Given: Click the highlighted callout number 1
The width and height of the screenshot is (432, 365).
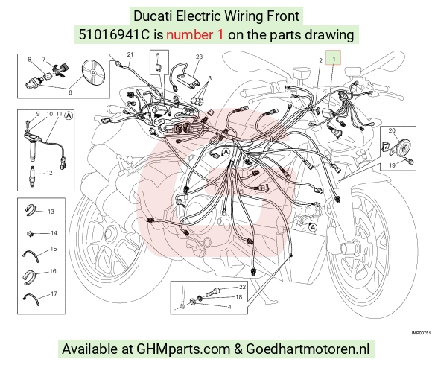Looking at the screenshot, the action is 334,59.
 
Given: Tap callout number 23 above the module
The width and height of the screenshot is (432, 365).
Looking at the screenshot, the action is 199,57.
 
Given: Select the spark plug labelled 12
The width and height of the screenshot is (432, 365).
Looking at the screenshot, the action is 33,177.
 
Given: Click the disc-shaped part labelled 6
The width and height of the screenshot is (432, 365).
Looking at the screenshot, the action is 94,72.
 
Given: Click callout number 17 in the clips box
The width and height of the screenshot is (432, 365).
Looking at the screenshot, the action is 54,293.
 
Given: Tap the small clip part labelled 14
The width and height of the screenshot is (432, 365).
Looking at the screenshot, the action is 30,234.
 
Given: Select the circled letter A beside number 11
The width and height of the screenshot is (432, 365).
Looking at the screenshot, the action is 69,115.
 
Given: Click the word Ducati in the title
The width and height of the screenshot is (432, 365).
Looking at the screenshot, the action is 153,16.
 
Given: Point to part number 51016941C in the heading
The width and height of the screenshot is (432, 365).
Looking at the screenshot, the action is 114,35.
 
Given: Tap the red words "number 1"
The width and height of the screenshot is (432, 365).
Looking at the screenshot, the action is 194,35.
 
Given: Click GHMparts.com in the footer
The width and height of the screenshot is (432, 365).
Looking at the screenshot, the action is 183,349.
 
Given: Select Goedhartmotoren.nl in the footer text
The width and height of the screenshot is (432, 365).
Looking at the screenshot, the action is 308,349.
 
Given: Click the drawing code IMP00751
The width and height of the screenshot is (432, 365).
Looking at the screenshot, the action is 421,333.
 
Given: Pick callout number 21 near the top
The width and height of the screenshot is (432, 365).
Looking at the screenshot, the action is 130,54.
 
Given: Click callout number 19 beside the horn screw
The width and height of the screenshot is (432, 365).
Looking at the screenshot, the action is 392,165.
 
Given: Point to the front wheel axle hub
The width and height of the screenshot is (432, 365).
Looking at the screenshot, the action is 348,247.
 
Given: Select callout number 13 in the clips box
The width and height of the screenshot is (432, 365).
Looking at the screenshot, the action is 51,212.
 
